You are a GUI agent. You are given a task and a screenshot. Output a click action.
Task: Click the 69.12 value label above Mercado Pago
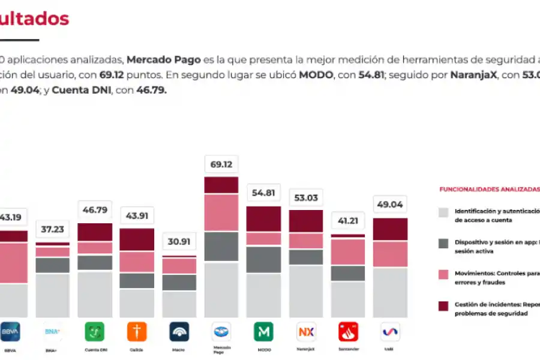click(x=221, y=164)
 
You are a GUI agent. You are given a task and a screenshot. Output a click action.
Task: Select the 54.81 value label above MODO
click(x=263, y=193)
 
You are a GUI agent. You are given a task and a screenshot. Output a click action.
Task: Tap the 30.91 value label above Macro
click(x=179, y=242)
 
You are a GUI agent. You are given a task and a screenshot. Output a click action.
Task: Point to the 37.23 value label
click(x=52, y=229)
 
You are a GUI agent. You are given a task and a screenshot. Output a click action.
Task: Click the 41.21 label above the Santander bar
click(x=348, y=221)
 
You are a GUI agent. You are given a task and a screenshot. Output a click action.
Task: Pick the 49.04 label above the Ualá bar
click(x=389, y=205)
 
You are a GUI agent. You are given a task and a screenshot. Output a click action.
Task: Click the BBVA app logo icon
click(x=10, y=331)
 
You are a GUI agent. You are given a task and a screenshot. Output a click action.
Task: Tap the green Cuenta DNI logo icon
click(x=94, y=331)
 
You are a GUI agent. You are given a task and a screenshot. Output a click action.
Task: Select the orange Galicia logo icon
click(x=137, y=331)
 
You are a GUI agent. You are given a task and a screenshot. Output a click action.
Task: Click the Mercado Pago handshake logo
click(x=221, y=331)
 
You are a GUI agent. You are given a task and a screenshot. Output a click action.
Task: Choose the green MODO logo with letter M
click(x=263, y=331)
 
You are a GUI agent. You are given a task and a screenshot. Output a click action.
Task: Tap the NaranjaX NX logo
click(x=306, y=331)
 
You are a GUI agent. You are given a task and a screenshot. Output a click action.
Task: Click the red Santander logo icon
click(x=348, y=331)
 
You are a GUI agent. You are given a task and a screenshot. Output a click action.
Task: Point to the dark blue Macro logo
click(x=179, y=331)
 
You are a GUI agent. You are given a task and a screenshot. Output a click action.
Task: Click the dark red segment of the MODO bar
click(x=263, y=219)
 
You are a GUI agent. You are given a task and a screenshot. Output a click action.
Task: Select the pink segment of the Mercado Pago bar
click(x=221, y=212)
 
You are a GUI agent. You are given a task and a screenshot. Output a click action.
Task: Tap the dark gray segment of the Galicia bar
click(x=137, y=281)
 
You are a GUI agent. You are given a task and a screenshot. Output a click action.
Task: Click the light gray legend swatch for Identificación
click(x=443, y=212)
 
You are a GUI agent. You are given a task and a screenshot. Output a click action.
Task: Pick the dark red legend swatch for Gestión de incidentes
click(x=443, y=306)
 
